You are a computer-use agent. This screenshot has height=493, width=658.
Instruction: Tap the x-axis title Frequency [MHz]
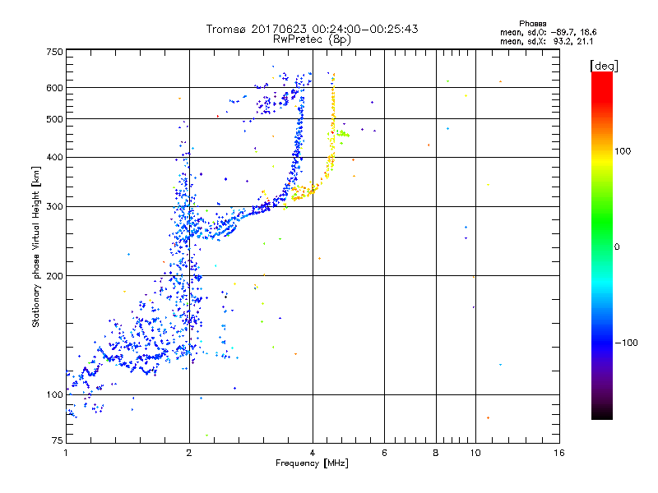point(313,463)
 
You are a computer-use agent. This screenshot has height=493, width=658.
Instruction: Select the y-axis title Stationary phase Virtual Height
point(36,246)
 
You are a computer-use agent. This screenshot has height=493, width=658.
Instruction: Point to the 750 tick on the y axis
point(54,51)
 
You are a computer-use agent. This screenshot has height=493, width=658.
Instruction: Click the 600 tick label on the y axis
point(54,87)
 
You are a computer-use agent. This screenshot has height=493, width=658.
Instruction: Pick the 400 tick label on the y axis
point(54,157)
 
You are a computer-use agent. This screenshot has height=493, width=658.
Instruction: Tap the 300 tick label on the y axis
point(54,206)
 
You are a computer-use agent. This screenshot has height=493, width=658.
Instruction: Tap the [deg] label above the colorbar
point(605,65)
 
